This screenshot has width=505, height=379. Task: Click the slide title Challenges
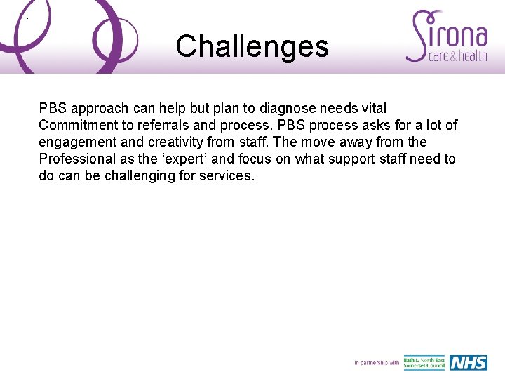(x=252, y=47)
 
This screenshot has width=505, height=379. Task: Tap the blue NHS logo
(x=468, y=362)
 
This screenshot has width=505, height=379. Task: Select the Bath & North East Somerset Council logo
(x=424, y=362)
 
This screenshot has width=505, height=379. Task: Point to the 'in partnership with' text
(x=377, y=363)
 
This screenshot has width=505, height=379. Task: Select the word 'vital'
(x=372, y=108)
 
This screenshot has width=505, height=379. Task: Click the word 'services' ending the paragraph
(x=227, y=175)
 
